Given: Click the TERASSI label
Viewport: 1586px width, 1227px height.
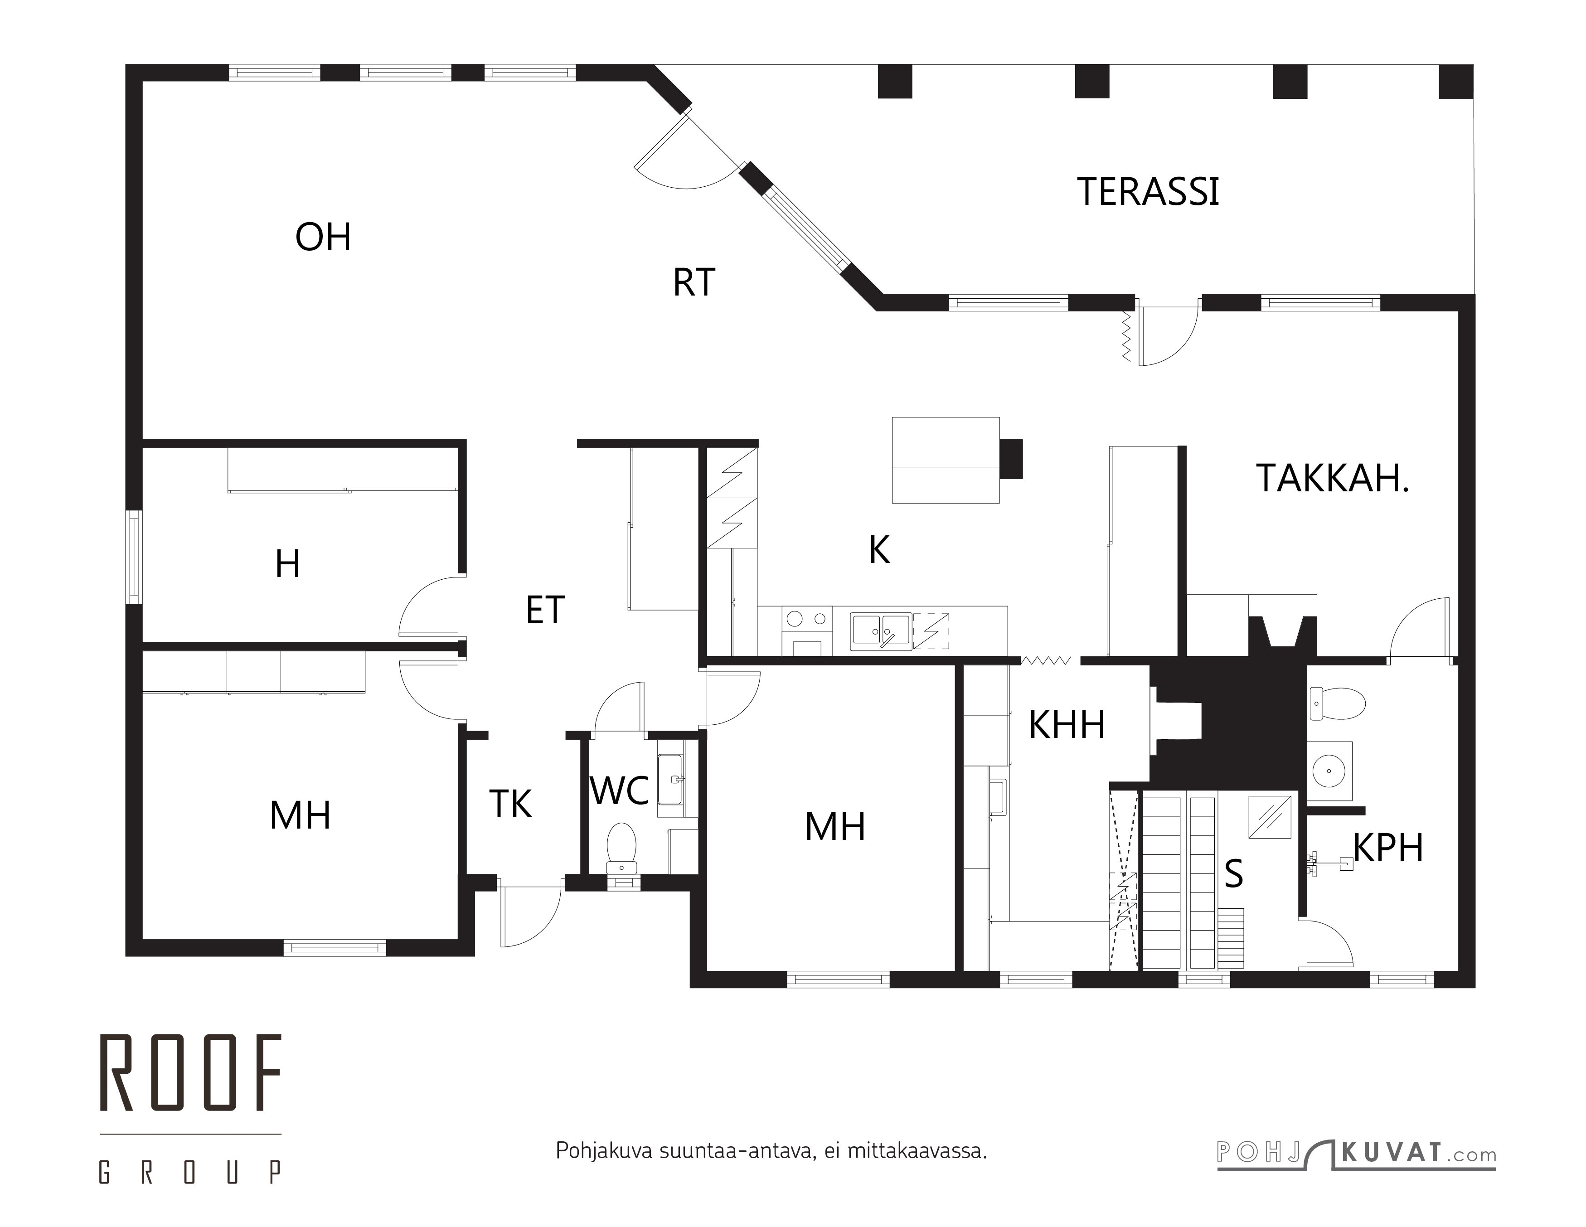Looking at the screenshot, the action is (x=1148, y=192).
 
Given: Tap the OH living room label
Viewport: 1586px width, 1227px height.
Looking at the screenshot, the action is (x=323, y=238).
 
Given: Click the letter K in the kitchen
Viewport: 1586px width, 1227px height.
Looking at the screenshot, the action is (x=879, y=550).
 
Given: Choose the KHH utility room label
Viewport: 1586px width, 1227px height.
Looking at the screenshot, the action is (x=1067, y=725).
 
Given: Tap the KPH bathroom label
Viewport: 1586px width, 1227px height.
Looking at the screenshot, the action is (x=1388, y=847).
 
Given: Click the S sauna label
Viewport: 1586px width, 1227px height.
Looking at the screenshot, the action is (x=1234, y=873).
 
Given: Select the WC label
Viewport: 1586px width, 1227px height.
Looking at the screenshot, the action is (x=620, y=791).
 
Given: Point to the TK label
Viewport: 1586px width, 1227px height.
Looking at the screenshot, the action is (x=510, y=804).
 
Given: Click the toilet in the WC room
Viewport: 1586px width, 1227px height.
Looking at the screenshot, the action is (x=621, y=849).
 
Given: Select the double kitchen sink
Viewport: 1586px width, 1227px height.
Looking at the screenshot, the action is (x=881, y=631).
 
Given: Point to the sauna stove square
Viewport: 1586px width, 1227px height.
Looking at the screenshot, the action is (x=1269, y=817).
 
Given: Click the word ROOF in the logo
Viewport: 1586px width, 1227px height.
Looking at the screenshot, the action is (x=190, y=1072).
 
